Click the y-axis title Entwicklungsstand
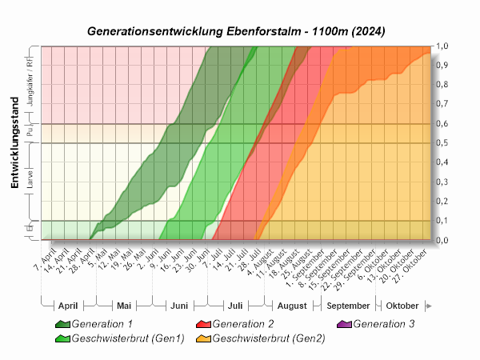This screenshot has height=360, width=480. (x=14, y=142)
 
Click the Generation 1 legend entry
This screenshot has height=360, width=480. (x=102, y=324)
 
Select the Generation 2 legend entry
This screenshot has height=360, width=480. (x=242, y=324)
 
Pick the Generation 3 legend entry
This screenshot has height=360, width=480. (x=383, y=324)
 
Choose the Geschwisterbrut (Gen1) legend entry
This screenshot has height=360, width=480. (x=128, y=338)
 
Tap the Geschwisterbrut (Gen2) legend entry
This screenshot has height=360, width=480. (x=269, y=338)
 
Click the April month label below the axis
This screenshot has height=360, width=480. (x=68, y=306)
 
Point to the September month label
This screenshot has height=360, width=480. (x=349, y=306)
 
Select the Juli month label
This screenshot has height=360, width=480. (x=235, y=306)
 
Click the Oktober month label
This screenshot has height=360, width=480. (x=402, y=306)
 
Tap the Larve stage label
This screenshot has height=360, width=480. (x=30, y=182)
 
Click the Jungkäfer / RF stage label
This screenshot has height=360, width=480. (x=30, y=84)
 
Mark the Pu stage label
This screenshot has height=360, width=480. (x=30, y=134)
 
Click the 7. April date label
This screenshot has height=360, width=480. (x=45, y=261)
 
